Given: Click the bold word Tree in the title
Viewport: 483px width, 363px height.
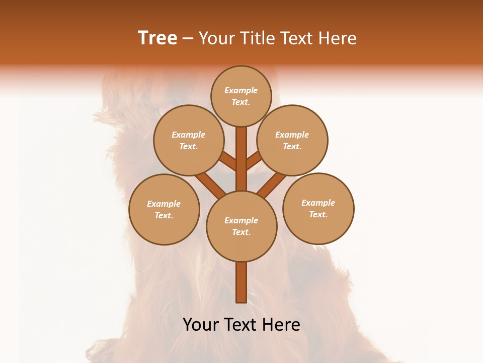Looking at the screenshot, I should (x=157, y=38).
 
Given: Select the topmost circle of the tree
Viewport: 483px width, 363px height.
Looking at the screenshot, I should (x=241, y=96).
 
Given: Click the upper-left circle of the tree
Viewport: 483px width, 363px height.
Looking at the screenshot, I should (x=188, y=140).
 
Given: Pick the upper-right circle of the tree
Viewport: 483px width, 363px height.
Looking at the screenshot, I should (x=292, y=140).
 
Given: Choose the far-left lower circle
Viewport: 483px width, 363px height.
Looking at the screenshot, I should (x=164, y=209).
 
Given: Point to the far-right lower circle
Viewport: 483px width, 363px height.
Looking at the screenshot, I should (x=318, y=208).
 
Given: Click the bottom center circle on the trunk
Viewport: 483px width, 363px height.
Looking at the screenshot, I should (x=242, y=226).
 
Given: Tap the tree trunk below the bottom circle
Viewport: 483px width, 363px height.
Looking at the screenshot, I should (x=242, y=282).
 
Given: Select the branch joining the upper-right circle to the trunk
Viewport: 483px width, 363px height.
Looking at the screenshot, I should (x=254, y=161).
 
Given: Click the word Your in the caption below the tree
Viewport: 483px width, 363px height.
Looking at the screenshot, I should (x=201, y=325).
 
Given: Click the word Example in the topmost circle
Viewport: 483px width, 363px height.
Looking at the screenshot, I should (x=241, y=91).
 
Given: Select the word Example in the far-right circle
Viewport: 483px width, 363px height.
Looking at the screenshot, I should (x=318, y=203).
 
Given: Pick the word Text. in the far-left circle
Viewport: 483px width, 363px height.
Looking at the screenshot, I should (x=164, y=215).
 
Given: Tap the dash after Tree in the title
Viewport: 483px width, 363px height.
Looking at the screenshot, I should (x=188, y=39).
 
